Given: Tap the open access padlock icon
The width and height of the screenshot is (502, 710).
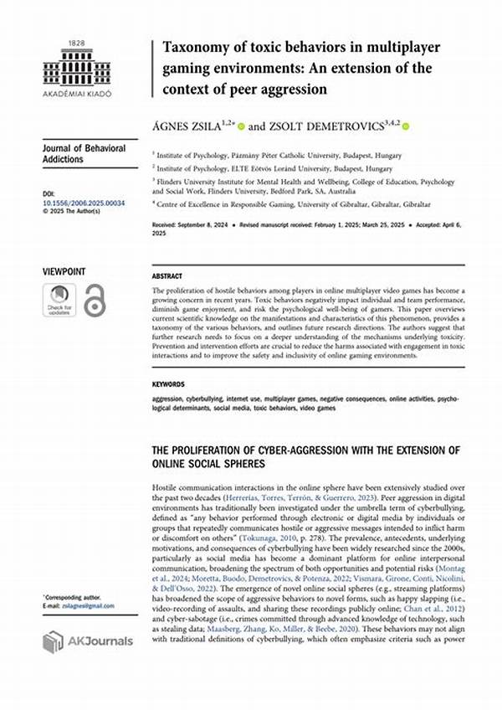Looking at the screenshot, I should tap(95, 300).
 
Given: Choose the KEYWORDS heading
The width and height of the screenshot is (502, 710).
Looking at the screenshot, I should tap(170, 384).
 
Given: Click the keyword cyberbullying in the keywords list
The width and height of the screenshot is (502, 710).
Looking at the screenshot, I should tap(207, 399).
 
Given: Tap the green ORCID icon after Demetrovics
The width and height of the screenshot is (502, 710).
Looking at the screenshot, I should tap(407, 126).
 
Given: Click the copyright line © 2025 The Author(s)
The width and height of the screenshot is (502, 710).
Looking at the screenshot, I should tap(74, 211).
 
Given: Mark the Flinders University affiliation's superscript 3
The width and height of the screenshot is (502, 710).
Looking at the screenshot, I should tap(154, 179).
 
